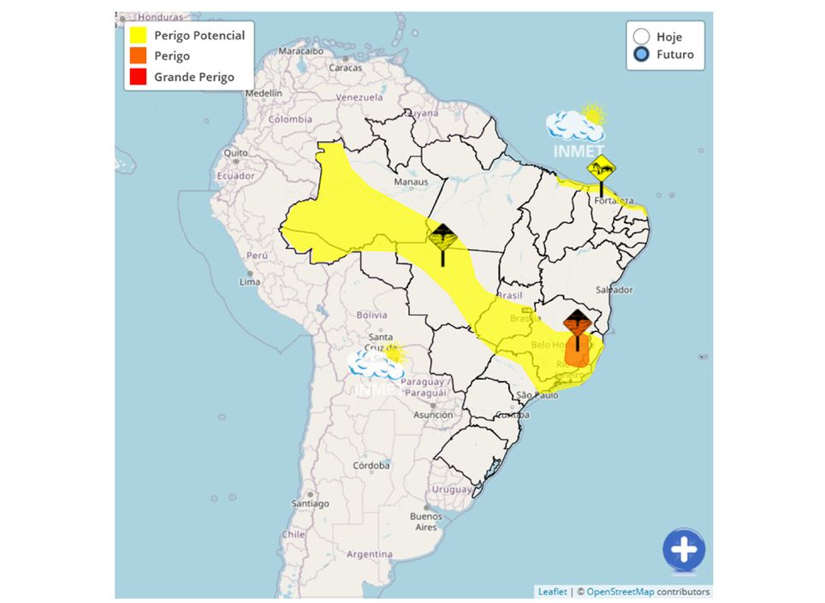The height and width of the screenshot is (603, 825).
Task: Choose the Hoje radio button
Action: pos(641,36)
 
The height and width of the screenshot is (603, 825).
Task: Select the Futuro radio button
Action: pos(641,55)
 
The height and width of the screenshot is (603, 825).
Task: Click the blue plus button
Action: pos(683,550)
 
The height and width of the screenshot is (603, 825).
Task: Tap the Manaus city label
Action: pos(410,182)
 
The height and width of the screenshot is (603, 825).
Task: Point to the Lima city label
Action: pos(249,281)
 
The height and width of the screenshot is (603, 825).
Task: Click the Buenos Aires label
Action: pos(425,521)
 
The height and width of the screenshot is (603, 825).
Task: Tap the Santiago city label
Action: pos(310,504)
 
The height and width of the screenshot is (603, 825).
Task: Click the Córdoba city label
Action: pos(371,465)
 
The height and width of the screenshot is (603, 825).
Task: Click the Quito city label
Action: pos(235,153)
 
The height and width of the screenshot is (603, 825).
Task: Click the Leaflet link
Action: pos(551,591)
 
